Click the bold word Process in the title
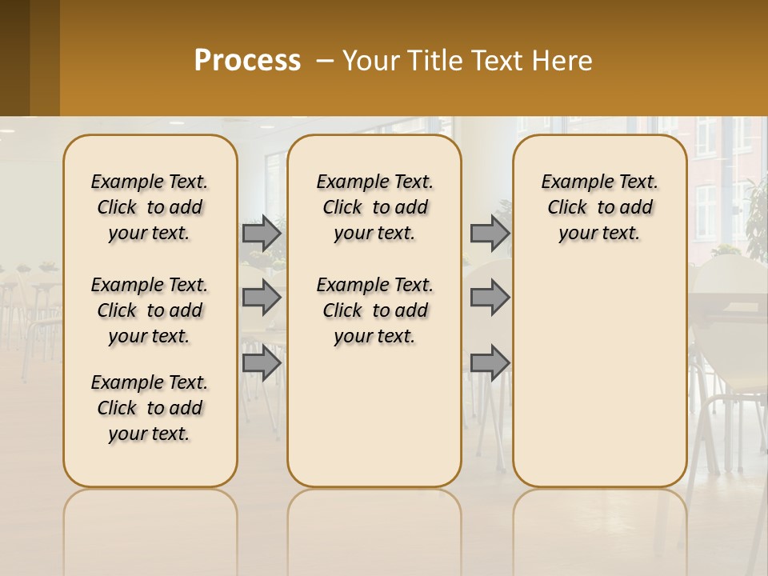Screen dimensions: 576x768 click(247, 61)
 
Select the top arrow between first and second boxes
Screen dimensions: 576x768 click(262, 233)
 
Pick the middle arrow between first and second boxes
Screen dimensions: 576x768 click(262, 298)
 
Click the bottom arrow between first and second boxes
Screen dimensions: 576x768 click(262, 362)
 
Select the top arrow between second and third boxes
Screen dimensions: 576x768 click(490, 233)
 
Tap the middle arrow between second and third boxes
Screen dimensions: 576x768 click(490, 298)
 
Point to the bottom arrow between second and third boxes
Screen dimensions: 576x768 click(490, 362)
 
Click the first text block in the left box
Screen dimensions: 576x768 click(150, 207)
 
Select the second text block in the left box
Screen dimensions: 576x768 click(150, 310)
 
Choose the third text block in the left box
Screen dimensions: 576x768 click(150, 408)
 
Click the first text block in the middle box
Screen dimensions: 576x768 click(375, 207)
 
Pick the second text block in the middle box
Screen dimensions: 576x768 click(375, 310)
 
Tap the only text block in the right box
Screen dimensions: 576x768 click(600, 207)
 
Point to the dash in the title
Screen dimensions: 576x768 click(324, 61)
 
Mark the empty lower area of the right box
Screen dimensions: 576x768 click(600, 376)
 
